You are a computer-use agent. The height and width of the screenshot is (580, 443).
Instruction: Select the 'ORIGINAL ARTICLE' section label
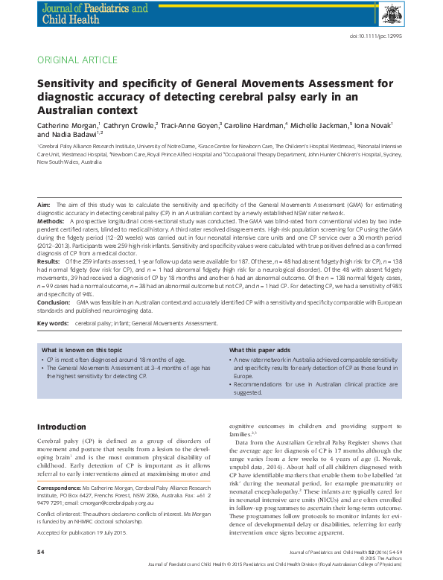tap(77, 60)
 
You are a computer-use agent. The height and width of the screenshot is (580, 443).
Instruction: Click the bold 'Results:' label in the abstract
tap(49, 262)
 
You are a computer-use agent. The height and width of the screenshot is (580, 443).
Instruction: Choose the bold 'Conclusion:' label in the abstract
tap(54, 303)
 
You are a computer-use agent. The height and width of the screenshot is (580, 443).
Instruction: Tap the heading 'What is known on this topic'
tap(82, 350)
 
